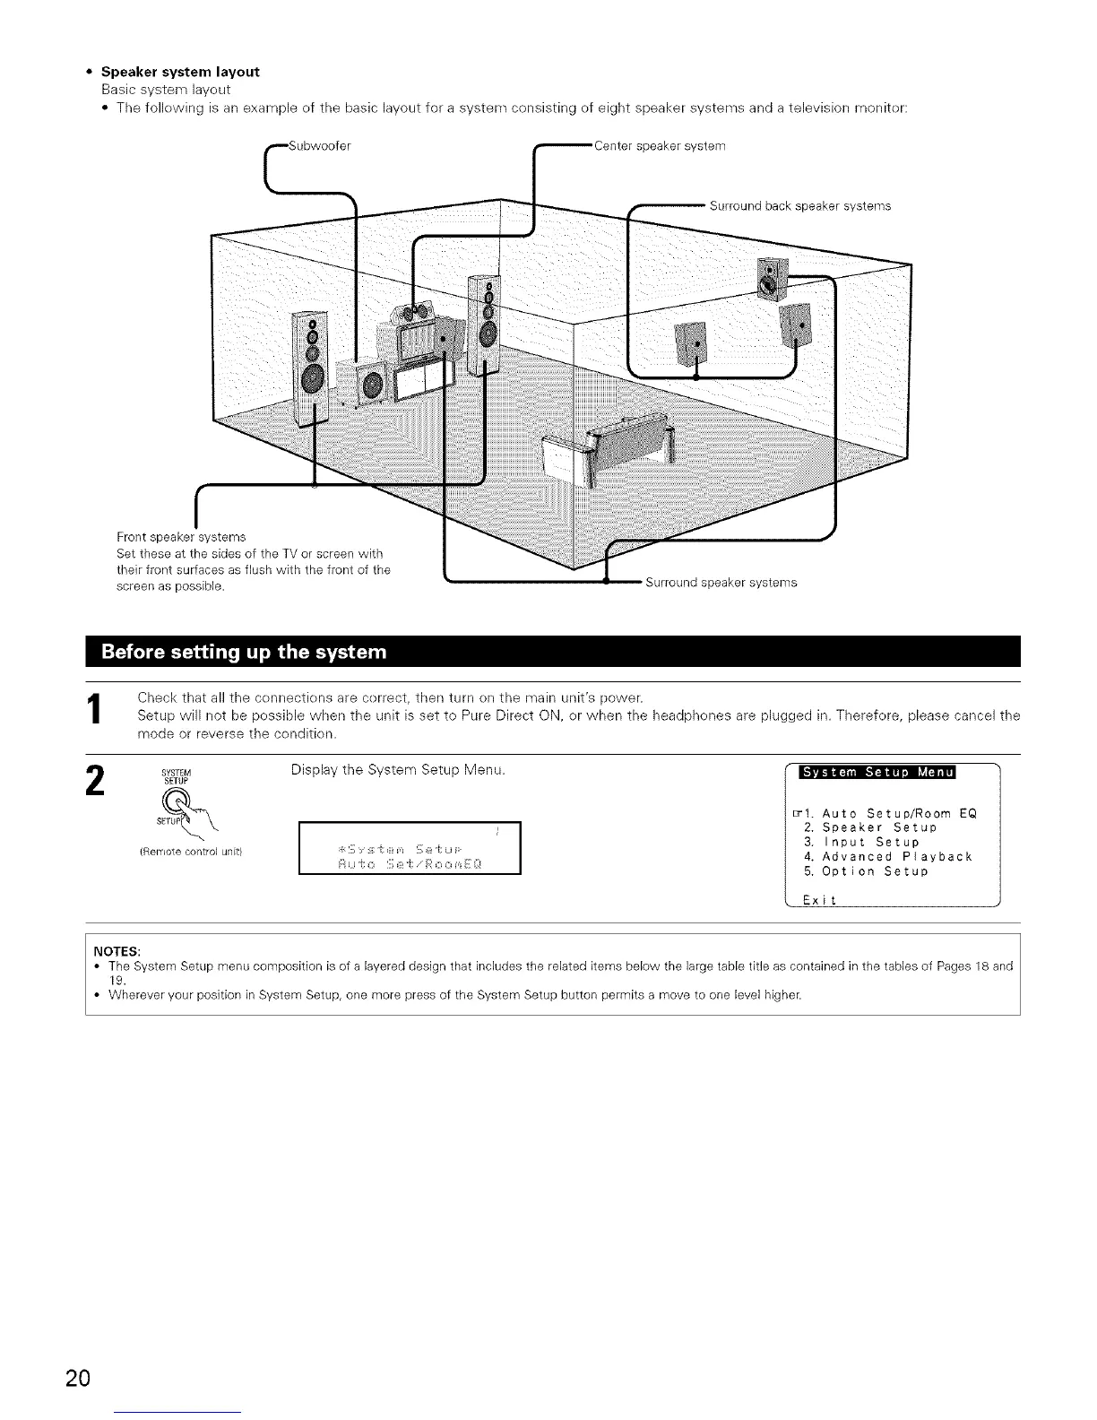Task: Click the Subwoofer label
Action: (313, 147)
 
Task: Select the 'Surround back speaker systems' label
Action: (799, 205)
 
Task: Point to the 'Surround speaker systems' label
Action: (720, 583)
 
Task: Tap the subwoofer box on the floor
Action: (365, 381)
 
